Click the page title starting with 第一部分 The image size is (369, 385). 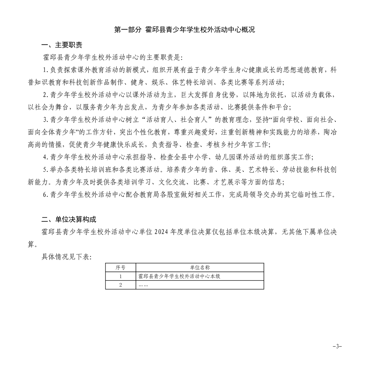pyautogui.click(x=184, y=30)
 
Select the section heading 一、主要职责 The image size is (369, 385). pyautogui.click(x=62, y=45)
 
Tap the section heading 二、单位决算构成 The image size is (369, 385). pyautogui.click(x=69, y=219)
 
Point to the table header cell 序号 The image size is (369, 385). pyautogui.click(x=120, y=268)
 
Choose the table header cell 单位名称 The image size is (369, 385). pyautogui.click(x=200, y=268)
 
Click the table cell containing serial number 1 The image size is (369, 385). pyautogui.click(x=120, y=276)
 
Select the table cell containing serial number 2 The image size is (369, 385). pyautogui.click(x=120, y=285)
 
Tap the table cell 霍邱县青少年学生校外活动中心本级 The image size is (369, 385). pyautogui.click(x=179, y=276)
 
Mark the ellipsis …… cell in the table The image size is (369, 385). pyautogui.click(x=143, y=285)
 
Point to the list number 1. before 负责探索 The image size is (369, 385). pyautogui.click(x=45, y=70)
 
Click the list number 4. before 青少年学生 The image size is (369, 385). pyautogui.click(x=45, y=157)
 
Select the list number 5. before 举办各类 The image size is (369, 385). pyautogui.click(x=45, y=170)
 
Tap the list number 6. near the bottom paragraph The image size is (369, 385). pyautogui.click(x=45, y=195)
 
